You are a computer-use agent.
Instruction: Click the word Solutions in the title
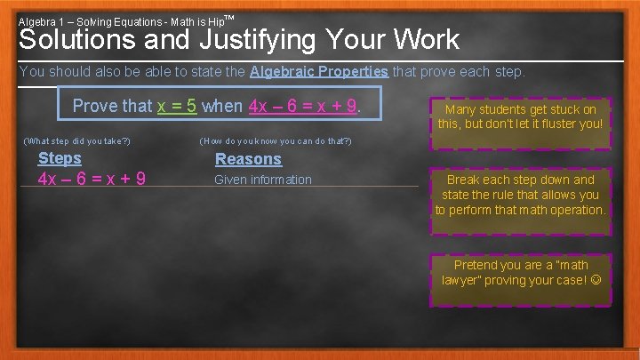pos(77,40)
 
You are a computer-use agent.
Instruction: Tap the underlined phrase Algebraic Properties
pos(319,71)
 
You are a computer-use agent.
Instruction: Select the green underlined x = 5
pos(177,106)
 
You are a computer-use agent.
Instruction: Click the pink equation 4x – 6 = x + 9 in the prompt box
pos(304,106)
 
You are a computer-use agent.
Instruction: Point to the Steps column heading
pos(60,158)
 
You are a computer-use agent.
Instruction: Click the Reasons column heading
pos(248,159)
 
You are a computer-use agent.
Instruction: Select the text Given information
pos(263,180)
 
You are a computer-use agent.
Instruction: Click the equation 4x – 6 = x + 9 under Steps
pos(92,179)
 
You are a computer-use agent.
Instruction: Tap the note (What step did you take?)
pos(76,140)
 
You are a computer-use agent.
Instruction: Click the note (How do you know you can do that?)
pos(276,140)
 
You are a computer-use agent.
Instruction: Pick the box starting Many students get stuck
pos(520,116)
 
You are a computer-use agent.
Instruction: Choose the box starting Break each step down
pos(520,195)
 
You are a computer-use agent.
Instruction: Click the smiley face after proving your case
pos(595,280)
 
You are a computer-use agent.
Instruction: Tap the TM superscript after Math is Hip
pos(229,18)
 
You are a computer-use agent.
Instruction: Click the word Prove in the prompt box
pos(95,106)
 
